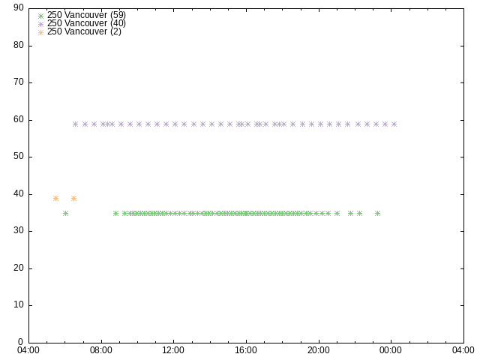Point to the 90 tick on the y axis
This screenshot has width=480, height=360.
tap(18, 8)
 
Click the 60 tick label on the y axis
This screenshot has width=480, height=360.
tap(18, 120)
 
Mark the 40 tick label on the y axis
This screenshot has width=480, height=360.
tap(18, 194)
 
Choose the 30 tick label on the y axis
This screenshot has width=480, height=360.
tap(18, 232)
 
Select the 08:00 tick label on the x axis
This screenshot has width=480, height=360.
tap(101, 350)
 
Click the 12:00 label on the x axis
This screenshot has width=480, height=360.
tap(173, 350)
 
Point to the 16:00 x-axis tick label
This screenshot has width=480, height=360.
tap(246, 350)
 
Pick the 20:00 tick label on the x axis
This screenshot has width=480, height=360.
tap(318, 350)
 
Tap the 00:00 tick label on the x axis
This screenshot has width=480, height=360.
tap(391, 350)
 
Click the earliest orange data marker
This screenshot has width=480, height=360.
tap(55, 198)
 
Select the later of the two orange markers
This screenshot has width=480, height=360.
tap(73, 198)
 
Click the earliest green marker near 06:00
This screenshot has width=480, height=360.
tap(65, 213)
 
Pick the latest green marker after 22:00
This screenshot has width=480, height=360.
tap(377, 213)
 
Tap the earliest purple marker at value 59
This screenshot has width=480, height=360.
tap(75, 124)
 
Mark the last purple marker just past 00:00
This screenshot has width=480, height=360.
tap(394, 124)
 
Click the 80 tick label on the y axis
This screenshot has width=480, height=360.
tap(18, 46)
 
